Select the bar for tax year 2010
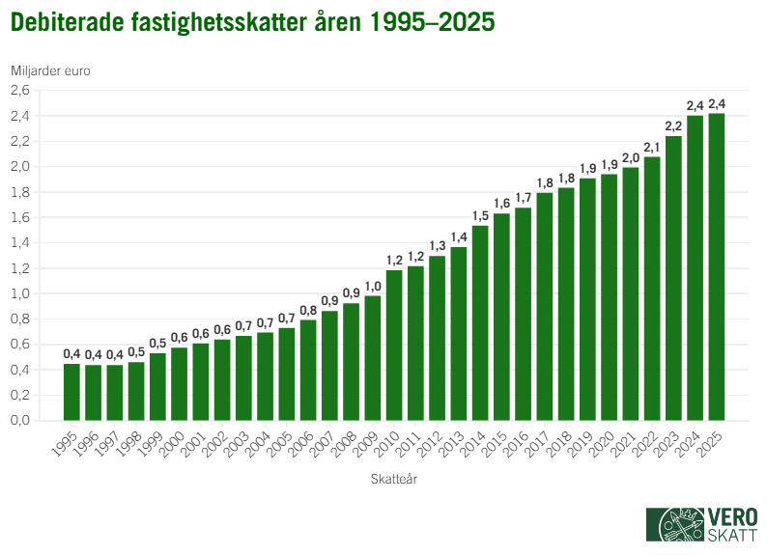tap(394, 346)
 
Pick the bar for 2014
tap(480, 323)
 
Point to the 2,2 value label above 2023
tap(673, 125)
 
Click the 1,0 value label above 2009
tap(372, 285)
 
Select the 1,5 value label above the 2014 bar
tap(480, 214)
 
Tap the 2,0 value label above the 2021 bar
tap(630, 157)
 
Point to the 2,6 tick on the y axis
tap(20, 91)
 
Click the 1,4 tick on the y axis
tap(20, 243)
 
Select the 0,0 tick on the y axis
tap(20, 421)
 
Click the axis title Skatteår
tap(394, 478)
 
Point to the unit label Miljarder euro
tap(50, 69)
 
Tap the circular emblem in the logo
tap(676, 526)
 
